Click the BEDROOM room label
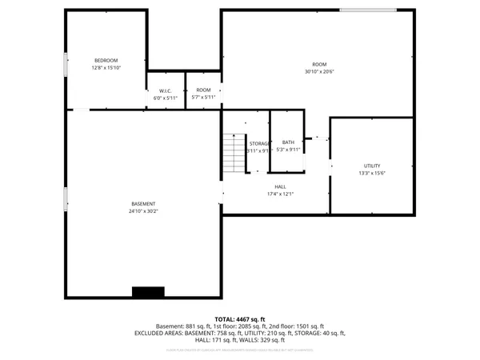106,61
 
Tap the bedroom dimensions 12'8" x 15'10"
106,68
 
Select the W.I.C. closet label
166,90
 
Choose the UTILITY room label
372,165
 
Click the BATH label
288,142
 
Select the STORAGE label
258,143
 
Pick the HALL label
280,186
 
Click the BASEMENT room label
144,204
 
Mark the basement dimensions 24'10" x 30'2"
144,211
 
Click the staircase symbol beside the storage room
233,153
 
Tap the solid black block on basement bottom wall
148,292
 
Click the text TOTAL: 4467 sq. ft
239,319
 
